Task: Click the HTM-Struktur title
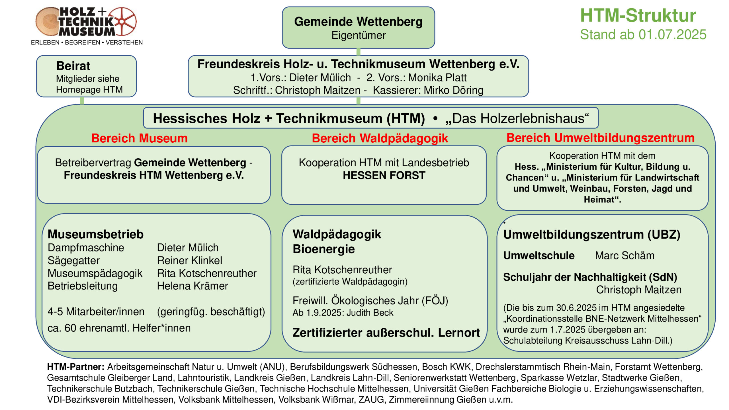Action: (638, 15)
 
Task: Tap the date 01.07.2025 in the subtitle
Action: (672, 35)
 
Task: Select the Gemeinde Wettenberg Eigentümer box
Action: (358, 28)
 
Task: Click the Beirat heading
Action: (73, 66)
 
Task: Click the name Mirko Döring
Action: (453, 90)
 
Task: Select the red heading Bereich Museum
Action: (140, 138)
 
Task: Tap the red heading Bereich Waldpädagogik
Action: (380, 139)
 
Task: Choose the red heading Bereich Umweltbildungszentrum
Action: (601, 138)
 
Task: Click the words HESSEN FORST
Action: (384, 175)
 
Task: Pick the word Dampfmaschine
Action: (86, 248)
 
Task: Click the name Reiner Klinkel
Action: (189, 261)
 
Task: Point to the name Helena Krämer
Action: (193, 286)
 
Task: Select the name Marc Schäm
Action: (625, 256)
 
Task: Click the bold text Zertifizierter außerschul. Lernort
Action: (386, 333)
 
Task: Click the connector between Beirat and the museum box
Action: (82, 101)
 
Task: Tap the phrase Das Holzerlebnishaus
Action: (517, 118)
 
